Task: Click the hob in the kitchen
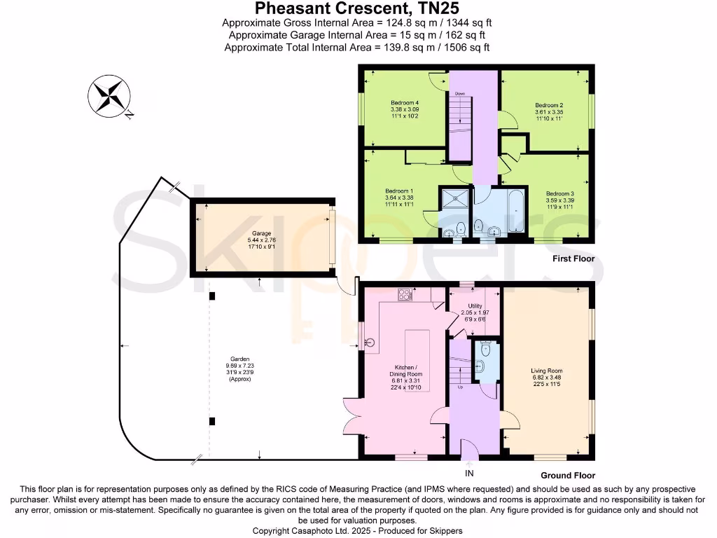pos(405,295)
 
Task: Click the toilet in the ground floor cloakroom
pos(483,365)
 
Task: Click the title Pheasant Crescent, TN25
pos(358,9)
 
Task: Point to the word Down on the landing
pos(459,93)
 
